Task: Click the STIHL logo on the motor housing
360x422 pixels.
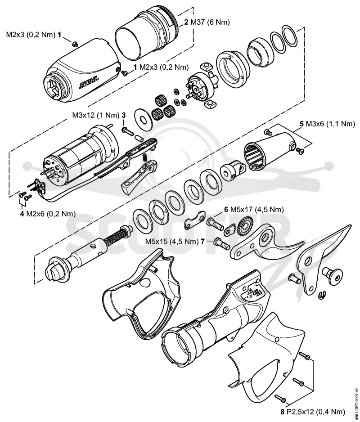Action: pos(89,82)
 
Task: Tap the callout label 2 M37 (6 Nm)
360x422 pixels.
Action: pos(207,22)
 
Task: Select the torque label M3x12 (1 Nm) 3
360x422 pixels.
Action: pos(99,115)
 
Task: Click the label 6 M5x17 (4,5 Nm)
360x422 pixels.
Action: pos(254,209)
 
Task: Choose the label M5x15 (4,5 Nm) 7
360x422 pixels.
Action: pos(175,241)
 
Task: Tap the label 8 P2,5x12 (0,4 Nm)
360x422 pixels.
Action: pos(312,412)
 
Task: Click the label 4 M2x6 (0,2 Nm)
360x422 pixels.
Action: pos(48,214)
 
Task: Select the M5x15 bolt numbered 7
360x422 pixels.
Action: pos(222,243)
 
